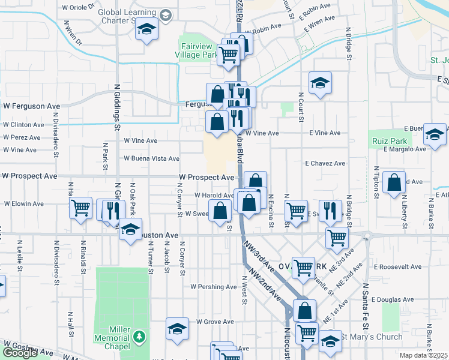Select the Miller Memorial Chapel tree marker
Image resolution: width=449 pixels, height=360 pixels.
(140, 336)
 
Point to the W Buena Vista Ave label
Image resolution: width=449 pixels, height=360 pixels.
(151, 159)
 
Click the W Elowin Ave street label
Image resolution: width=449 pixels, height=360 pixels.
(24, 204)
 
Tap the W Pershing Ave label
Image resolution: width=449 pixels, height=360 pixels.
(212, 287)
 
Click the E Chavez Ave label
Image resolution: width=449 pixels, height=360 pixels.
(325, 163)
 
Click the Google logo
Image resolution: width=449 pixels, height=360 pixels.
(20, 353)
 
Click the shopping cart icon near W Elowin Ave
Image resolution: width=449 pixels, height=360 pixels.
(80, 208)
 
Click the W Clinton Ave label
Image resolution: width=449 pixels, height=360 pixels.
(23, 125)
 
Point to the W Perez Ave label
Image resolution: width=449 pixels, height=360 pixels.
(20, 137)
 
